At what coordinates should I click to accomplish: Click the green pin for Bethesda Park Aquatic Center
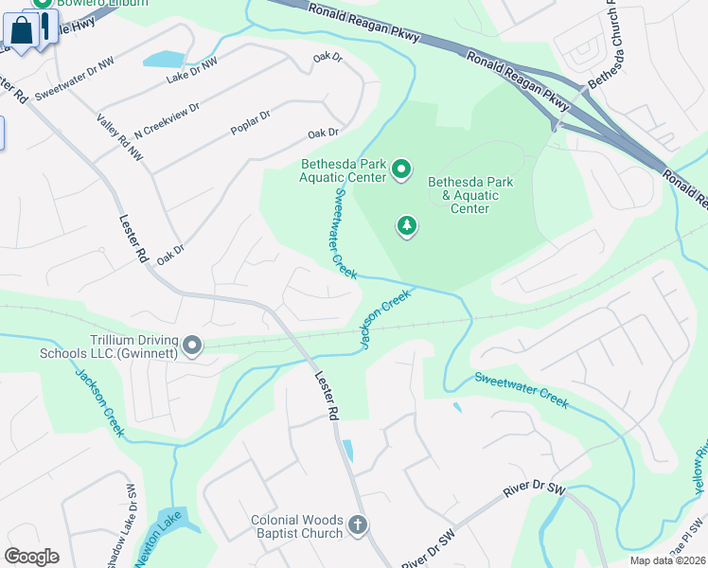pos(401,169)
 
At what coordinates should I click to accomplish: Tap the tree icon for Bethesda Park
pos(407,225)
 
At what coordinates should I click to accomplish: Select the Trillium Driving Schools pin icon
pos(192,346)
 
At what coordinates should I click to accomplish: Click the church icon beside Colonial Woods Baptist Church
pos(357,525)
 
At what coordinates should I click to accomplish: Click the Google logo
pos(31,557)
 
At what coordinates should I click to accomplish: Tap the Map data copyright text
pos(667,560)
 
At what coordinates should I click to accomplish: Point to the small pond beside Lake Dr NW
pos(165,60)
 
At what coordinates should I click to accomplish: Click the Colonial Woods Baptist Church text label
pos(296,526)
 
